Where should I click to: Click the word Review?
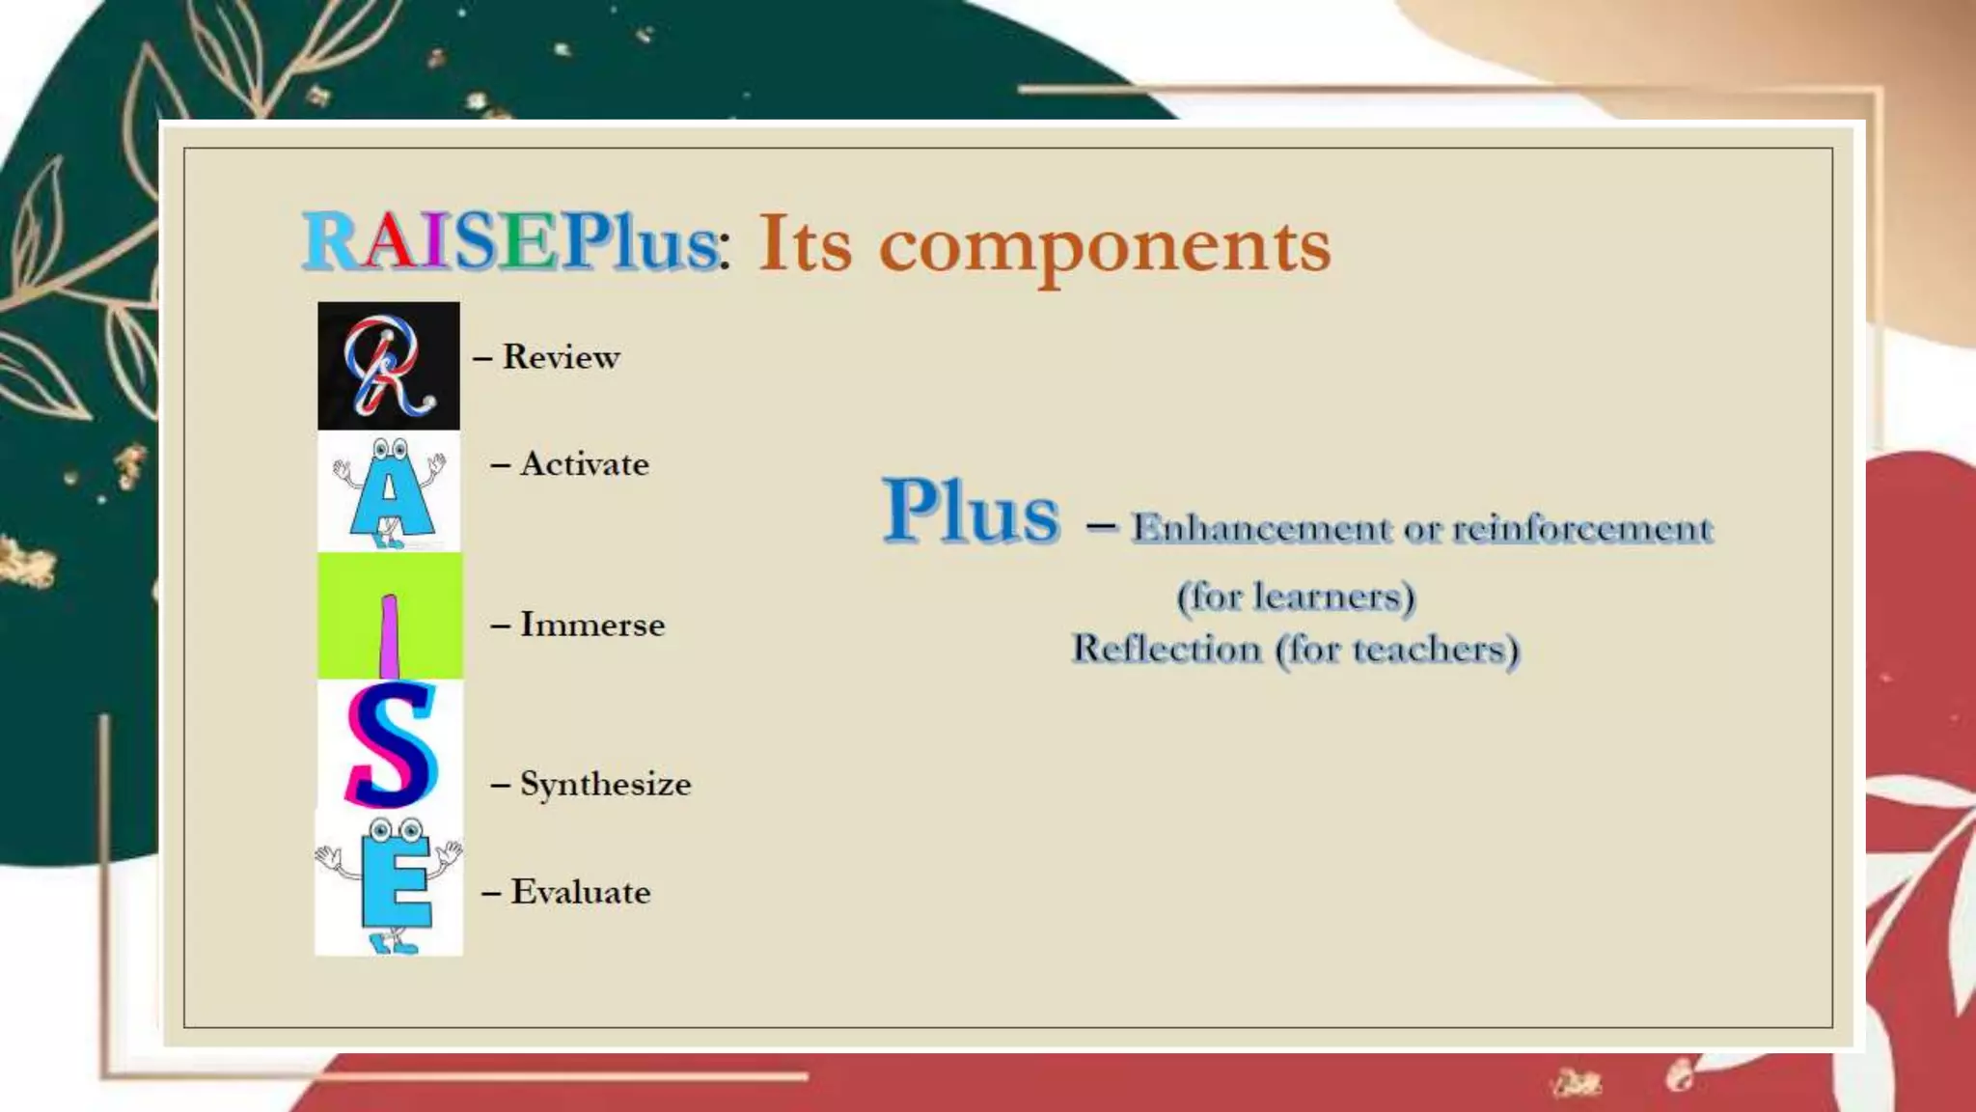tap(561, 357)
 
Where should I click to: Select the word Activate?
tap(584, 464)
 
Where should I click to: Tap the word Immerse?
tap(591, 625)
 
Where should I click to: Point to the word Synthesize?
tap(605, 784)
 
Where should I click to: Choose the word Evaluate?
tap(580, 892)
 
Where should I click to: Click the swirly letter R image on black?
tap(389, 366)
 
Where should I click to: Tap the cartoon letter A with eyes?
tap(390, 492)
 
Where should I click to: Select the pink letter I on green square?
tap(390, 618)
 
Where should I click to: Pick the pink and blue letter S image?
tap(390, 745)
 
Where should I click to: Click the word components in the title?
tap(1105, 244)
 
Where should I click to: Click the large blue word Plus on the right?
tap(971, 513)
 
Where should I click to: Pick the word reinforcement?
tap(1582, 528)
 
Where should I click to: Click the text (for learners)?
tap(1296, 597)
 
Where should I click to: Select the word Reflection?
tap(1166, 649)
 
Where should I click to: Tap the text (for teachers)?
tap(1397, 649)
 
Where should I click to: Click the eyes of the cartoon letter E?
tap(396, 830)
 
